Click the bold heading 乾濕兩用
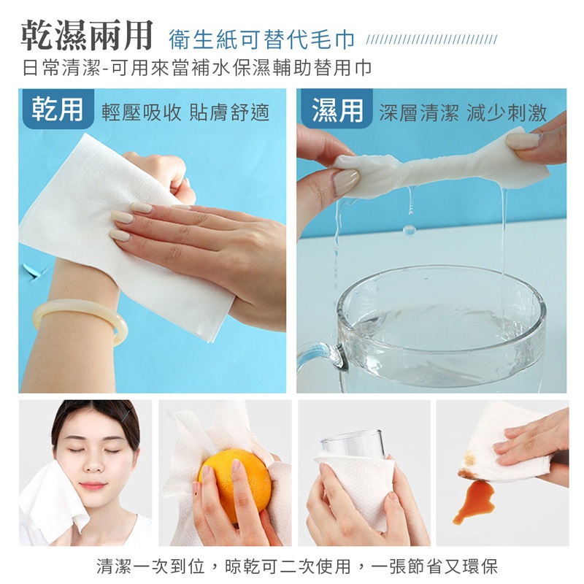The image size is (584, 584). pos(86,35)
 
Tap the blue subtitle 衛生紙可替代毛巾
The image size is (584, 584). pos(261,39)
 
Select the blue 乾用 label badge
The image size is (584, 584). pos(57,109)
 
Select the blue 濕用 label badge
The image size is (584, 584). pos(337,109)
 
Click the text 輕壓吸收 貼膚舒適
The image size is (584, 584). pos(185,112)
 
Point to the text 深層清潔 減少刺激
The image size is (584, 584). pos(463,112)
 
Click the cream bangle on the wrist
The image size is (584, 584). pos(80,320)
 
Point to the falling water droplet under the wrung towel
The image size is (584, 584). pos(409,228)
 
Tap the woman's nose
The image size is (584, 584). pos(95,464)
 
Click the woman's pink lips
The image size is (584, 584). pos(93,485)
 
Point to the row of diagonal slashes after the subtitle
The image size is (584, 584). pos(431,39)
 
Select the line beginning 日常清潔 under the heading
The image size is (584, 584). pos(196,68)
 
